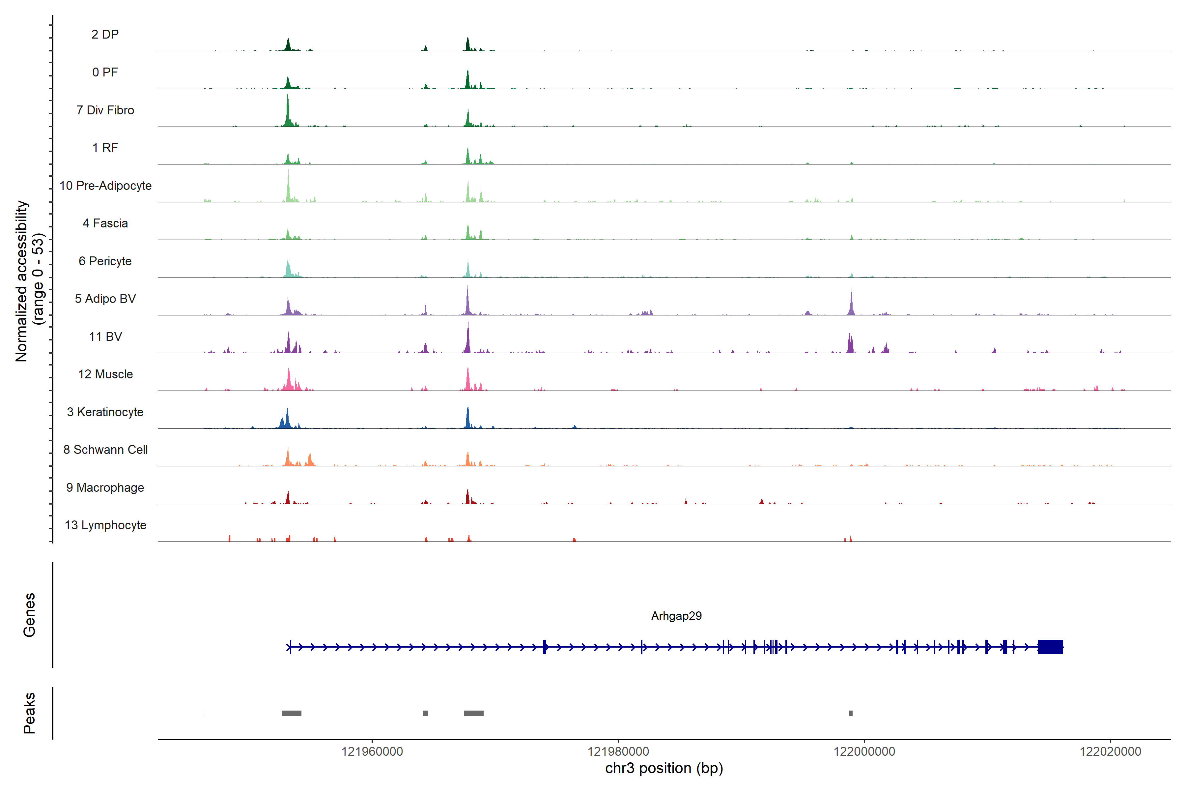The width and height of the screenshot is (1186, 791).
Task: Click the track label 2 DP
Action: click(105, 34)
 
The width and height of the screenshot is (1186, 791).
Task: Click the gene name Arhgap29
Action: click(676, 616)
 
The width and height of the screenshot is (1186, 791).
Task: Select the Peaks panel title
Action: click(29, 713)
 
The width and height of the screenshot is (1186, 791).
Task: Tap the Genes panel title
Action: click(29, 615)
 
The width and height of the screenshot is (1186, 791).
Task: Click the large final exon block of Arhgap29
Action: click(1050, 647)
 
